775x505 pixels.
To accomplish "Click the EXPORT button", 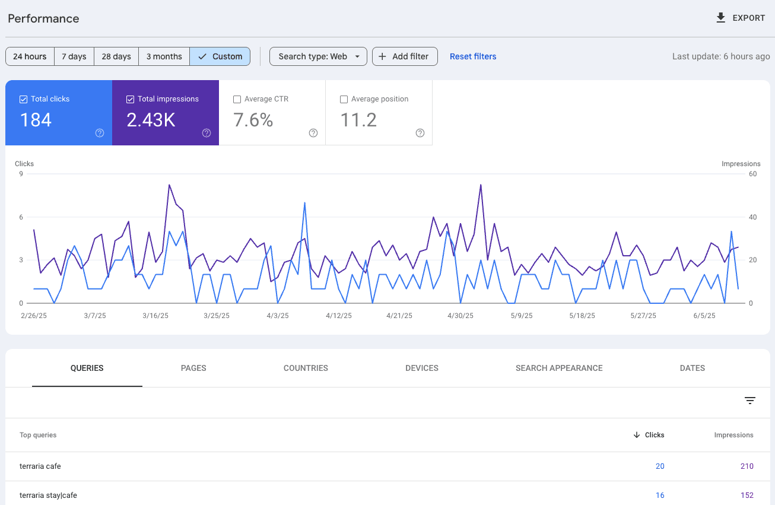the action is click(741, 18).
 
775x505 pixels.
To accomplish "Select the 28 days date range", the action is click(116, 56).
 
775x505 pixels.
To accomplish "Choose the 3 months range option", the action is click(164, 56).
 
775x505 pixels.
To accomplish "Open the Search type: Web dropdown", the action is click(318, 56).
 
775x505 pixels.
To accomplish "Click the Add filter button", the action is click(405, 56).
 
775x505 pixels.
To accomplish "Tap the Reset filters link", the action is click(473, 56).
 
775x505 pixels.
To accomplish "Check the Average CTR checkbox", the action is click(237, 99).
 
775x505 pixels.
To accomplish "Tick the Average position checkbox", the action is click(344, 99).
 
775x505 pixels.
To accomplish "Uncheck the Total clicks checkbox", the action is click(24, 99).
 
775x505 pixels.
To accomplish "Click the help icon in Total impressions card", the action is click(207, 133).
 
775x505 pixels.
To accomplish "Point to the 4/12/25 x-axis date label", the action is click(339, 316).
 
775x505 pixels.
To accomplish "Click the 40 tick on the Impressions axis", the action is click(753, 217).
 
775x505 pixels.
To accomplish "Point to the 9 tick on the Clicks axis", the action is click(21, 174).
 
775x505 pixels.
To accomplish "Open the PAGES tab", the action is click(193, 368).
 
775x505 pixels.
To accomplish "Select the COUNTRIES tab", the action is click(306, 368).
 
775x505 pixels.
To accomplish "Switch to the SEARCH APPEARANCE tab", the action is click(559, 368).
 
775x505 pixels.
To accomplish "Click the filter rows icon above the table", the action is click(750, 401).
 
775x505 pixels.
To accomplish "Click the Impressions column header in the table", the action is click(734, 435).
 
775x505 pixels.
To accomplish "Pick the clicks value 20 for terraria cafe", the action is click(660, 466).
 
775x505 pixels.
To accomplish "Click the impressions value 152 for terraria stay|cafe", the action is click(747, 496).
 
